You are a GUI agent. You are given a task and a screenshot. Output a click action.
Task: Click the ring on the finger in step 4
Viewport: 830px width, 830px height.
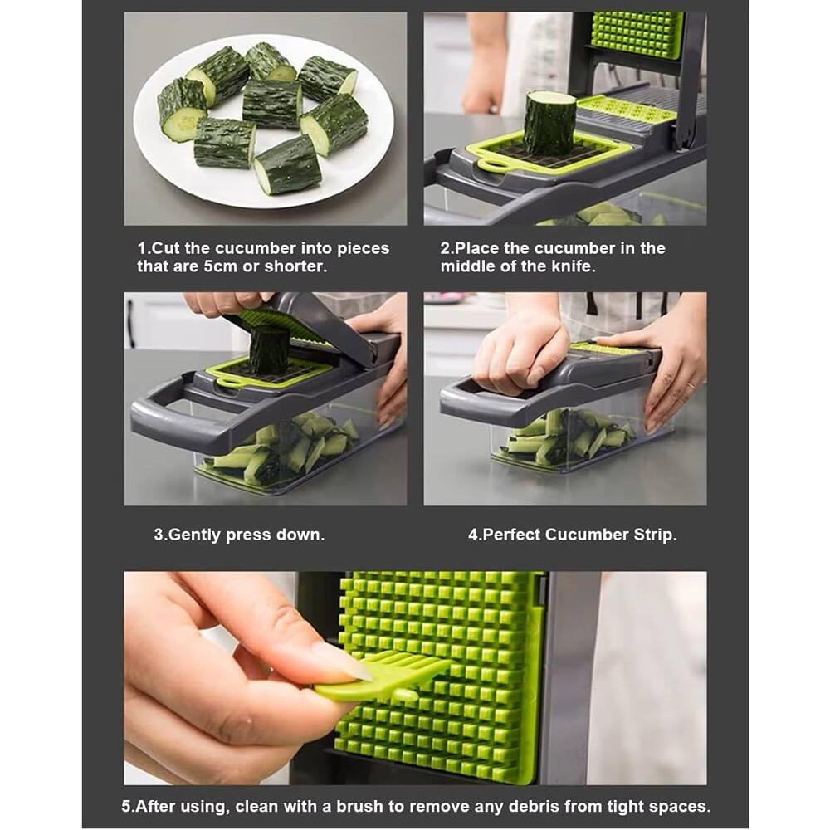coord(688,386)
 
